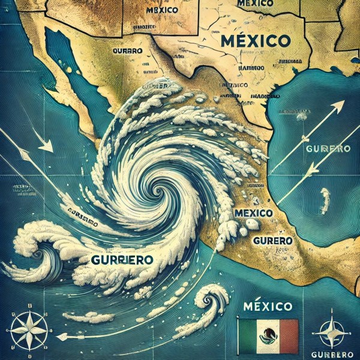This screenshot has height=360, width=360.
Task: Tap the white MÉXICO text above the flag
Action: [268, 307]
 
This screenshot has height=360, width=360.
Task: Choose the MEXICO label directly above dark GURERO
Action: [254, 213]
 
